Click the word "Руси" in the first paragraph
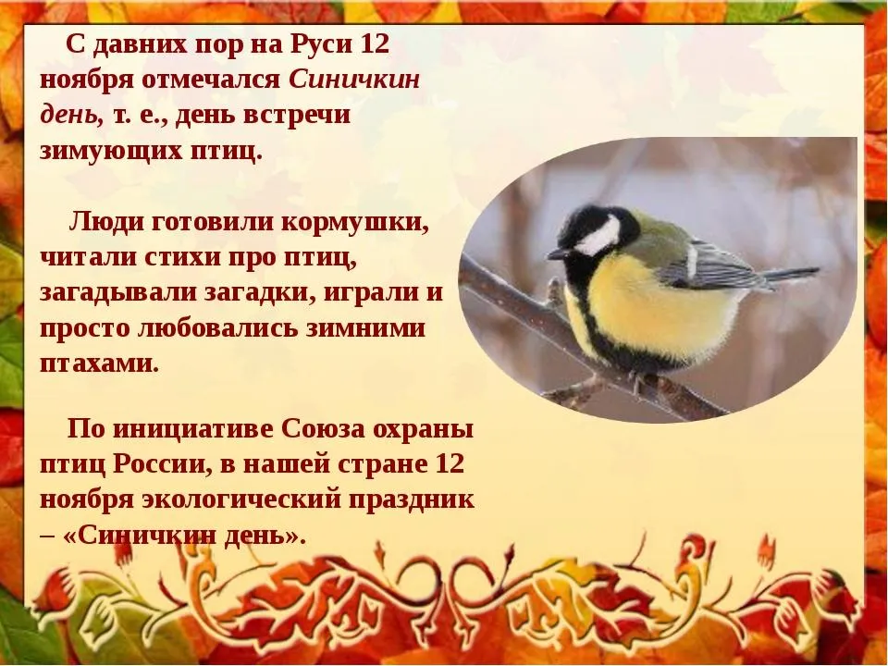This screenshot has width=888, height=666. click(x=321, y=44)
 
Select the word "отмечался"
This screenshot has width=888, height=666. click(x=211, y=80)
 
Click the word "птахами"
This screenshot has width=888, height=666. click(x=100, y=364)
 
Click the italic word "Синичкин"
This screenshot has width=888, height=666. click(x=355, y=80)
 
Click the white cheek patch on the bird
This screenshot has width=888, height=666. click(x=597, y=238)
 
